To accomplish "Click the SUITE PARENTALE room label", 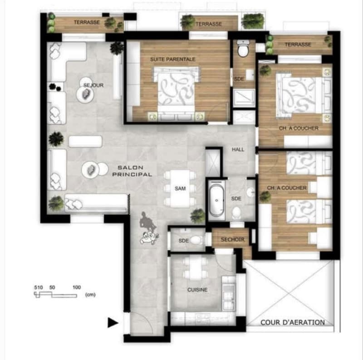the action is click(x=173, y=59).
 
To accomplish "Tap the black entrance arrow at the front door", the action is click(x=113, y=322).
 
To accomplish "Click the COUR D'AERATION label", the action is click(x=293, y=322).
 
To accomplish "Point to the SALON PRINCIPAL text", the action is click(x=132, y=171).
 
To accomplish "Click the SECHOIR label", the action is click(x=232, y=239).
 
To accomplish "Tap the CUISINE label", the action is click(x=197, y=290).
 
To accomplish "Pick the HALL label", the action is click(x=238, y=150).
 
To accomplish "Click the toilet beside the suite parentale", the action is click(x=243, y=49).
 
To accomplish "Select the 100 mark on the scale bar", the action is click(x=77, y=287).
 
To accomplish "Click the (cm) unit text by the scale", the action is click(x=90, y=295).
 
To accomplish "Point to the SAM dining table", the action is click(x=180, y=188).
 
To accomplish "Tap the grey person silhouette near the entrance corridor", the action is click(x=146, y=221).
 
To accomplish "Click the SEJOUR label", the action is click(x=93, y=85).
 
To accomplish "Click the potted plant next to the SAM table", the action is click(x=197, y=216).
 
